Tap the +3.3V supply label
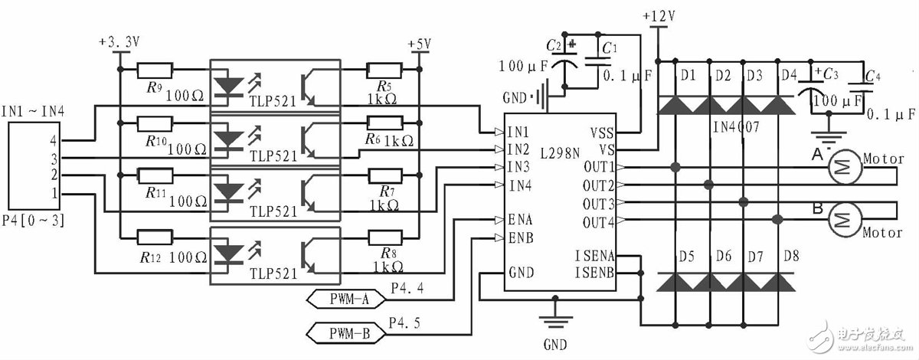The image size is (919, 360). coord(119,43)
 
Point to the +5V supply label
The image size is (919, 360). coord(420,44)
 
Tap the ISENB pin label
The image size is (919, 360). coord(593,271)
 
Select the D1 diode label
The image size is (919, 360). coord(688,75)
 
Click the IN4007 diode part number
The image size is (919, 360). coord(735,126)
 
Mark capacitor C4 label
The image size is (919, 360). coord(871,76)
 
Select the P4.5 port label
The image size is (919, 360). coord(406,322)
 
